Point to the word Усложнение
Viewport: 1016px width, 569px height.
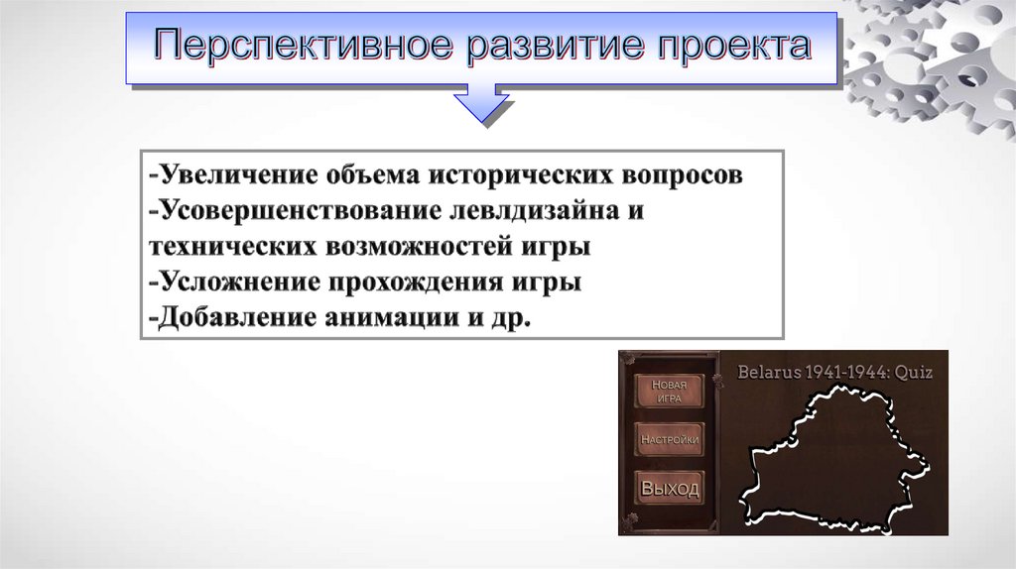pyautogui.click(x=239, y=283)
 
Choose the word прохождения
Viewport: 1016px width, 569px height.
pyautogui.click(x=416, y=283)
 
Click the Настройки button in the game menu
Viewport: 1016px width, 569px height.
pyautogui.click(x=670, y=439)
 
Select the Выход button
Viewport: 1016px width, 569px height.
pyautogui.click(x=670, y=488)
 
